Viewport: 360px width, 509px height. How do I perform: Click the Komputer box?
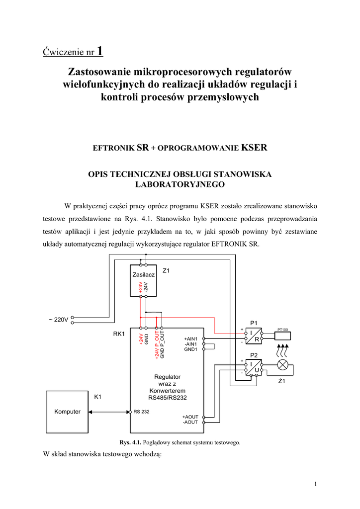click(67, 412)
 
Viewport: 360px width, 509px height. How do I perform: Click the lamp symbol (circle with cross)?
click(283, 365)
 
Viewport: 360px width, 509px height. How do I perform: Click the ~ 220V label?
click(58, 320)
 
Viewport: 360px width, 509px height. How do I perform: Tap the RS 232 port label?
click(141, 412)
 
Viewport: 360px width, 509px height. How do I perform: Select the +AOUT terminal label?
click(190, 417)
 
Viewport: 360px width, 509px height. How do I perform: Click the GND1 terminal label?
click(191, 349)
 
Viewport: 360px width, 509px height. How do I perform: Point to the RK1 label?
click(119, 334)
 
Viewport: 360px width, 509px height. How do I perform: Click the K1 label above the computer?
click(98, 397)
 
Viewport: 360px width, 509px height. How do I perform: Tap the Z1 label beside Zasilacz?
click(167, 270)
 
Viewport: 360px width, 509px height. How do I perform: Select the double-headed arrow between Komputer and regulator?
click(109, 412)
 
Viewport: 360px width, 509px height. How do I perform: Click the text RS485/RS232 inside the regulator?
click(167, 398)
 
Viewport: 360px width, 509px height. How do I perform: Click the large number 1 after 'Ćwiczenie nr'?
click(100, 51)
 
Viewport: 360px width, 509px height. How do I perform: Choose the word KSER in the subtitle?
click(254, 148)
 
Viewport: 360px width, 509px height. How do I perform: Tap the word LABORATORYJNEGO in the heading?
click(180, 184)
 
